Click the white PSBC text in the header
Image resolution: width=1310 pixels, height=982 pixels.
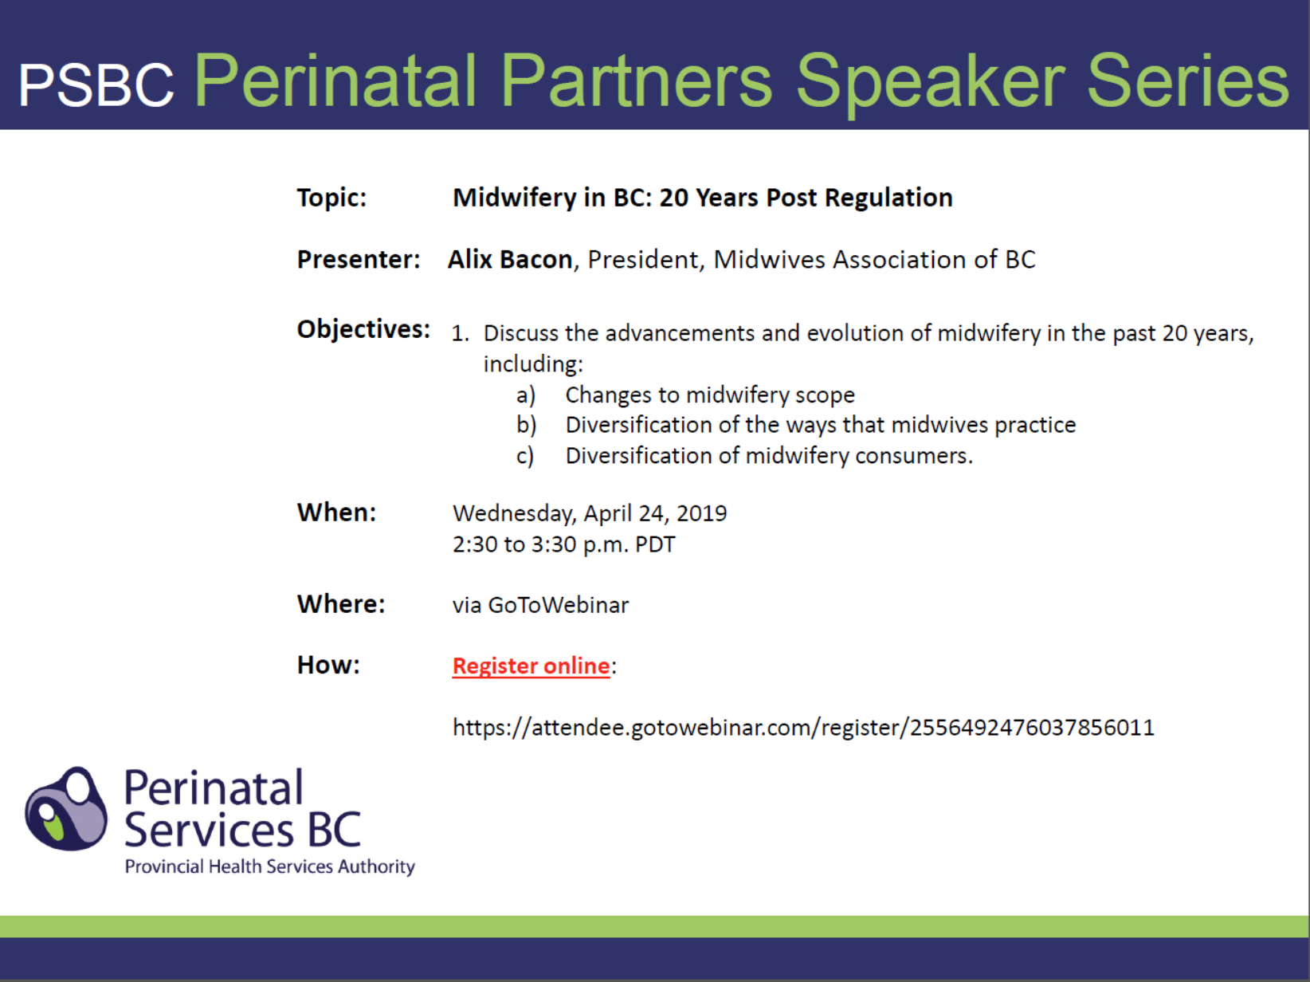tap(96, 84)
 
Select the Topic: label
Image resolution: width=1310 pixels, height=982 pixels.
tap(331, 198)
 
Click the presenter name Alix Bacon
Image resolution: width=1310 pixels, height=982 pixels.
tap(510, 260)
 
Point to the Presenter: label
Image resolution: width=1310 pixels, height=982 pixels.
tap(359, 260)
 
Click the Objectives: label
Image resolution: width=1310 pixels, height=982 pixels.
tap(363, 329)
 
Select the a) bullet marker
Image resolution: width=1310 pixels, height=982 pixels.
tap(526, 395)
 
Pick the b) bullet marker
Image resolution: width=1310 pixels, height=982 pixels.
tap(527, 425)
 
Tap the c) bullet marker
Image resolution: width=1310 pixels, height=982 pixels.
tap(525, 456)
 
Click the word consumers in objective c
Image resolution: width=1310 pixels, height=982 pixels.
tap(914, 456)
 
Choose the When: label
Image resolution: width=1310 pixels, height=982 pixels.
tap(336, 513)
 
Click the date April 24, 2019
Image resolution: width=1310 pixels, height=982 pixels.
tap(655, 514)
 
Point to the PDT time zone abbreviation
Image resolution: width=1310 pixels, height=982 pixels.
tap(655, 544)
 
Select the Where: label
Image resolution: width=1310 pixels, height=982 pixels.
tap(341, 604)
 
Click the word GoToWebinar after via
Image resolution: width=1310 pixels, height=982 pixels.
tap(559, 605)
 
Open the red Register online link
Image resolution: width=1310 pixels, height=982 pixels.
tap(531, 666)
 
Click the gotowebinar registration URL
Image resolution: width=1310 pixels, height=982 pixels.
tap(803, 728)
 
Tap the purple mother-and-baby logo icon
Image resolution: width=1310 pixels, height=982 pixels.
tap(66, 809)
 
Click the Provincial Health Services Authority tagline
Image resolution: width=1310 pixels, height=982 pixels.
tap(270, 866)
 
